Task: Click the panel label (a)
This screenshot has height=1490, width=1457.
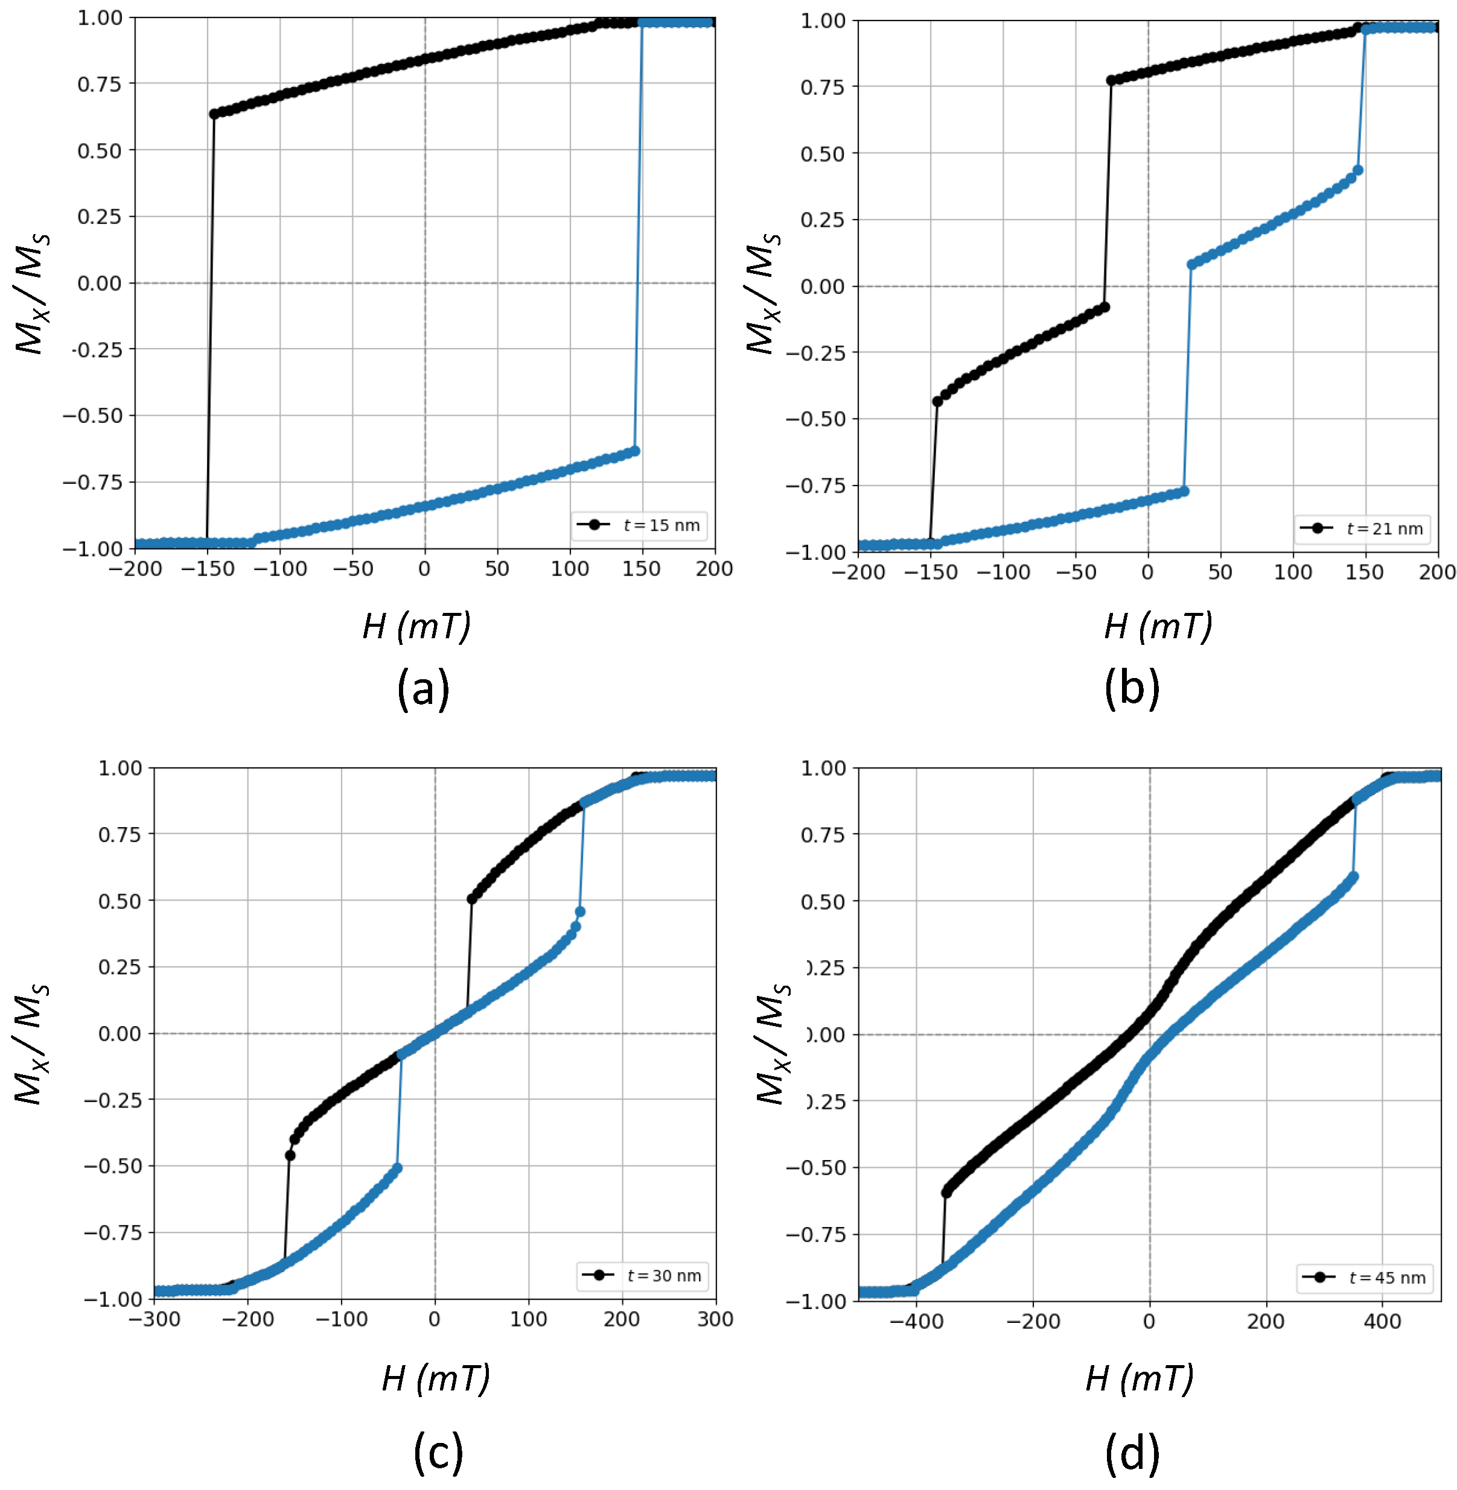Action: (x=423, y=688)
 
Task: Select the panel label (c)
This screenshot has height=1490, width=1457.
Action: (x=438, y=1452)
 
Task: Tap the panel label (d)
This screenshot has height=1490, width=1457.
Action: (x=1132, y=1453)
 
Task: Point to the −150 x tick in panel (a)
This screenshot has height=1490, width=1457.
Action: (x=208, y=569)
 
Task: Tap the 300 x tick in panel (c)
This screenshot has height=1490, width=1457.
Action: (x=715, y=1319)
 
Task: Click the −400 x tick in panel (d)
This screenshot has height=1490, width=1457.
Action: (x=916, y=1321)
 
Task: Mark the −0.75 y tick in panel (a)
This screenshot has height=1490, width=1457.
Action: (x=92, y=483)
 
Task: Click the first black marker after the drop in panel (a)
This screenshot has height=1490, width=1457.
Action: (x=214, y=114)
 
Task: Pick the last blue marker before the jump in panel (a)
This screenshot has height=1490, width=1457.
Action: (x=634, y=451)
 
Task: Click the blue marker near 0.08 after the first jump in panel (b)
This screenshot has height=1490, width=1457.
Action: (x=1191, y=265)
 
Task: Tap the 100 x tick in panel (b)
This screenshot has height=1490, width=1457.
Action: (x=1292, y=572)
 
